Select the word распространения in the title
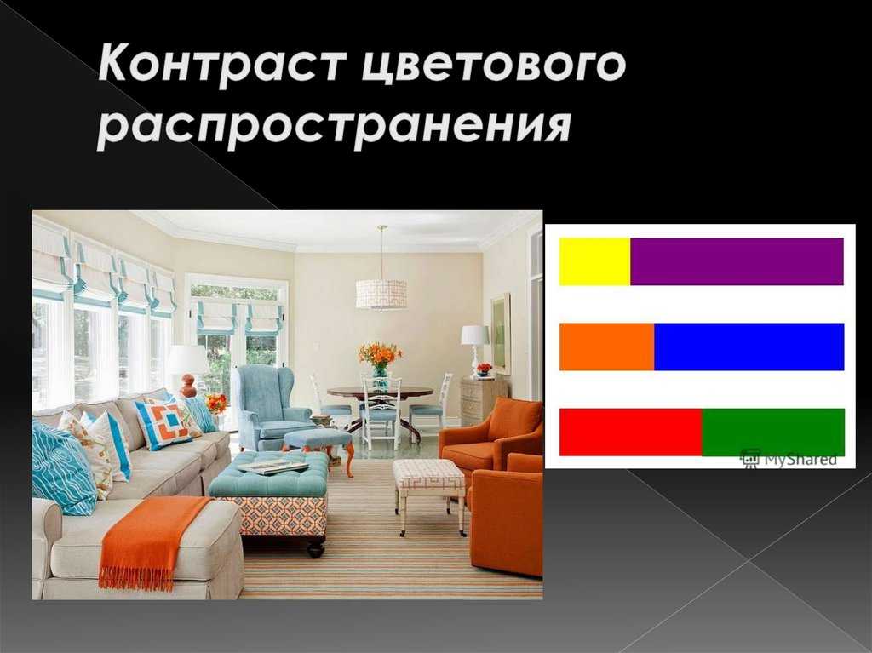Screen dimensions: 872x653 point(335,126)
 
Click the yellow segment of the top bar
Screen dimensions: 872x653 point(594,261)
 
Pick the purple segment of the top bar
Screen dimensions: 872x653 point(737,261)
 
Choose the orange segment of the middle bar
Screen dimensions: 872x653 point(606,347)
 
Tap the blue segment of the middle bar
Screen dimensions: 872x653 point(749,347)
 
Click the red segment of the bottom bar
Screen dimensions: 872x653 point(631,432)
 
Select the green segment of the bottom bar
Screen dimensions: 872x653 point(773,432)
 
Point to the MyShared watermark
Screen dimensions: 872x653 point(788,458)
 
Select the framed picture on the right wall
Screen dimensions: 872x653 point(501,333)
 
